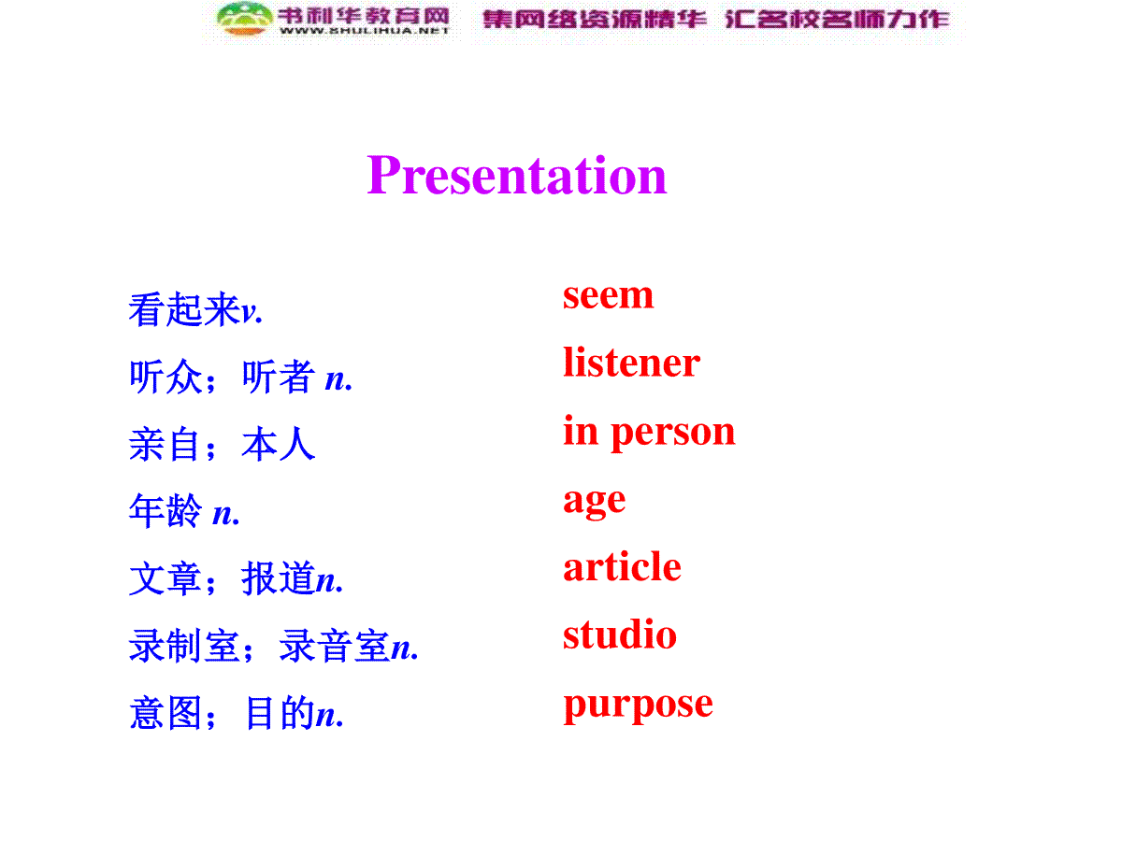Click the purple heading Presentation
pyautogui.click(x=517, y=175)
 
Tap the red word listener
pyautogui.click(x=631, y=362)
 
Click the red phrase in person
pyautogui.click(x=649, y=433)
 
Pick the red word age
pyautogui.click(x=594, y=502)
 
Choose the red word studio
pyautogui.click(x=620, y=634)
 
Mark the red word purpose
pyautogui.click(x=638, y=706)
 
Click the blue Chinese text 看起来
pyautogui.click(x=184, y=308)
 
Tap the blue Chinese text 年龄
pyautogui.click(x=165, y=509)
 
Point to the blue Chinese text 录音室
pyautogui.click(x=335, y=645)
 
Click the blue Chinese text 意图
pyautogui.click(x=165, y=712)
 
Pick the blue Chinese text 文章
pyautogui.click(x=165, y=577)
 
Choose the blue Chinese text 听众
pyautogui.click(x=165, y=377)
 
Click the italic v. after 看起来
pyautogui.click(x=252, y=311)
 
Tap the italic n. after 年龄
pyautogui.click(x=226, y=513)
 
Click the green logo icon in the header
pyautogui.click(x=245, y=19)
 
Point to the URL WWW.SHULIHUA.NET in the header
pyautogui.click(x=365, y=31)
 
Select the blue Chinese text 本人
pyautogui.click(x=278, y=444)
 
